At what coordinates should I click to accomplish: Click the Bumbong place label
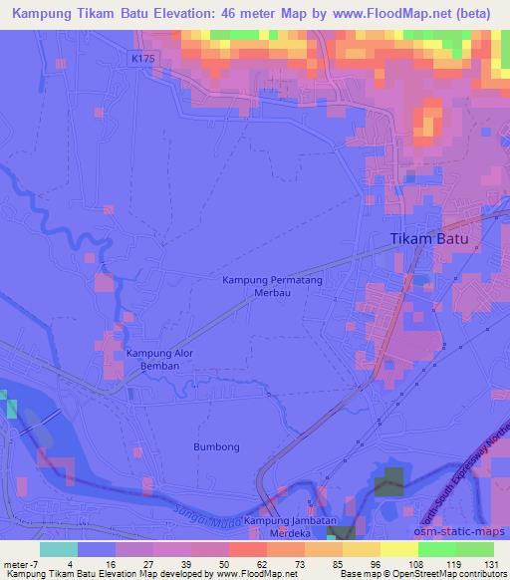217,447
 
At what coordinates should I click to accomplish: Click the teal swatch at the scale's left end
59,548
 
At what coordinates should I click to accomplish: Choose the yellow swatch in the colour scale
399,548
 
